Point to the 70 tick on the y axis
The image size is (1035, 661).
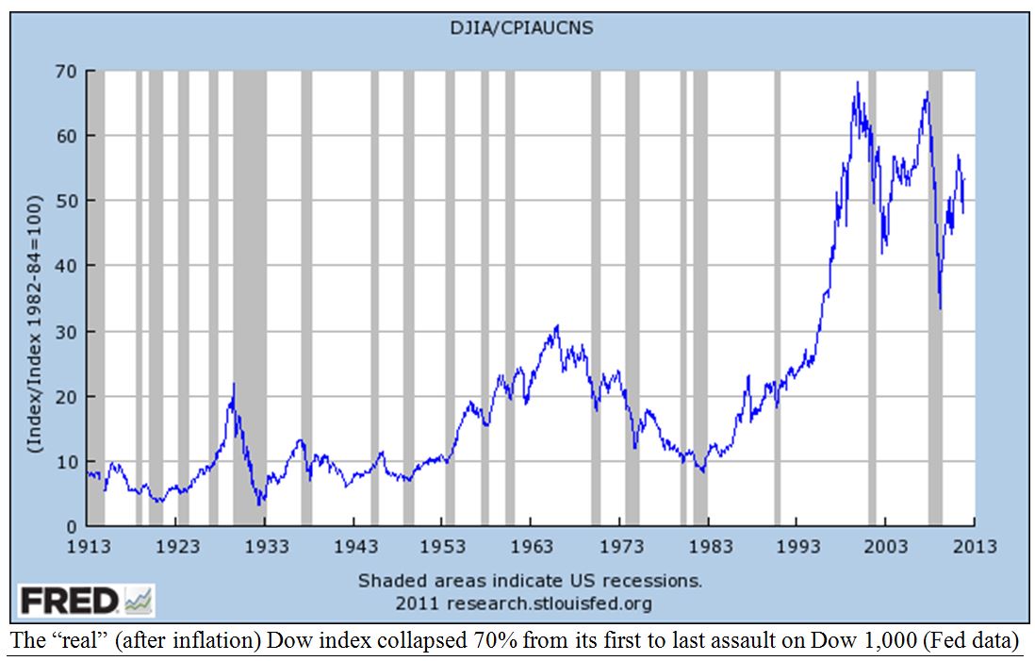(x=68, y=72)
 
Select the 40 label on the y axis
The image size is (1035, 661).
(x=68, y=267)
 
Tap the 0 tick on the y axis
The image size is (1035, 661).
(x=72, y=526)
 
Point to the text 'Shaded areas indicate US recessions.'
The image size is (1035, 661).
(x=530, y=580)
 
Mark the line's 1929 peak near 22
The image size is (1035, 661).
(x=234, y=384)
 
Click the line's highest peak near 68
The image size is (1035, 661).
(x=857, y=83)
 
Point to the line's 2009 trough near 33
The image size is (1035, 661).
(x=940, y=307)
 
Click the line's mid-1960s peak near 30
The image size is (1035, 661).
(x=557, y=326)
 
